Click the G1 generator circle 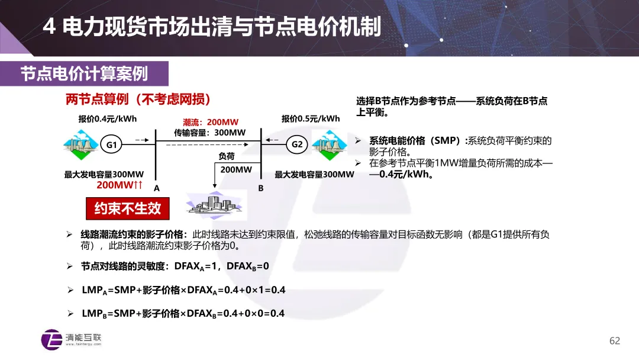point(112,144)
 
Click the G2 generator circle point(297,144)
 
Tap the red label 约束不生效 point(128,208)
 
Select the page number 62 point(615,340)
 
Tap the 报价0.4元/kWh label point(108,118)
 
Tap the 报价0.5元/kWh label point(311,118)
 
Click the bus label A point(157,188)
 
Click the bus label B point(260,188)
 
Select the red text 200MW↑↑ point(120,185)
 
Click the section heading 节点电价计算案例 point(84,73)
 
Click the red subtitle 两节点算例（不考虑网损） point(138,99)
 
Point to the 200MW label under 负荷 point(236,170)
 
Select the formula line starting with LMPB point(183,313)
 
